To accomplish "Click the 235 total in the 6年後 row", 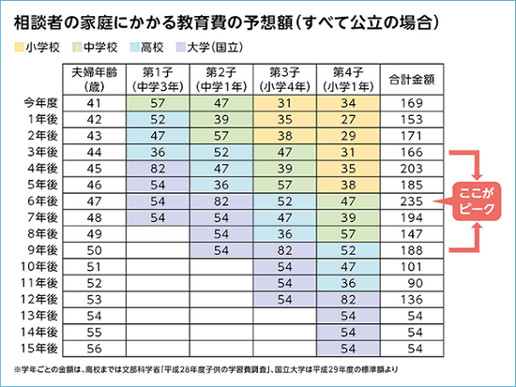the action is pos(411,201).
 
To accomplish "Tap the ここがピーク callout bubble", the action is pos(477,201).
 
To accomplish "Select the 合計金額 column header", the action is pos(412,80).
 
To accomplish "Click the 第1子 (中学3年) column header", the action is pos(158,80).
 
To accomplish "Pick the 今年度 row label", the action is pos(40,103).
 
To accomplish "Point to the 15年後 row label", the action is pos(39,349).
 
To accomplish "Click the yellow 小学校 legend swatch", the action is pos(20,47).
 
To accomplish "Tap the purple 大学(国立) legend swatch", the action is pos(181,47).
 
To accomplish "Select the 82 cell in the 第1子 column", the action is pos(158,169).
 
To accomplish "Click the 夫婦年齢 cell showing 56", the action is pos(94,349).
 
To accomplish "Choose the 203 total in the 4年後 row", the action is pos(411,169).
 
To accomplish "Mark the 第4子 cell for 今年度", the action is pos(348,103).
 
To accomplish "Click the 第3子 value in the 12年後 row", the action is pos(284,300).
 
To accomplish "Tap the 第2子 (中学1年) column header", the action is pos(221,80).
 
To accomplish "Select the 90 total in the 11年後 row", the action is pos(415,283).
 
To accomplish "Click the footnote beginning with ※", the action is pos(206,369).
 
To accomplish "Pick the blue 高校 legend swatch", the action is pos(135,47).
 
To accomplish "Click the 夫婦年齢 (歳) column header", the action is pos(94,80).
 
